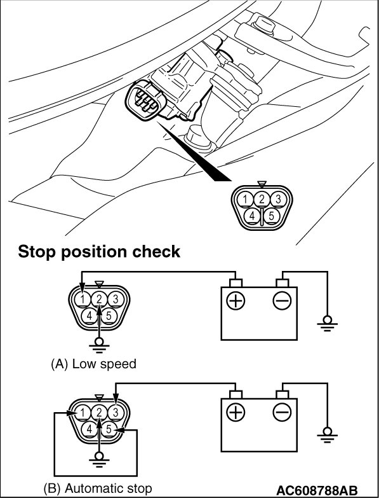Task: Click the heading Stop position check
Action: click(99, 252)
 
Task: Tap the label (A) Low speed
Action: click(93, 364)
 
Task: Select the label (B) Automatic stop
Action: click(98, 488)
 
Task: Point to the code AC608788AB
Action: click(317, 490)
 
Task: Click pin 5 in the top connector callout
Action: click(271, 216)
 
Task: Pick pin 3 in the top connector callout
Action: click(278, 200)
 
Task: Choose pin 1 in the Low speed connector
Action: click(83, 299)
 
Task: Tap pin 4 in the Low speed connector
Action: click(90, 316)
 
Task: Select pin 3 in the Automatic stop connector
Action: click(116, 413)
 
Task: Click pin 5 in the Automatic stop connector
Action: click(109, 429)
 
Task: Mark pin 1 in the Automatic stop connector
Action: click(83, 413)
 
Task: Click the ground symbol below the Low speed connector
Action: click(99, 345)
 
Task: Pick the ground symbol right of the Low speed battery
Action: click(328, 323)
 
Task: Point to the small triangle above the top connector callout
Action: click(262, 184)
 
